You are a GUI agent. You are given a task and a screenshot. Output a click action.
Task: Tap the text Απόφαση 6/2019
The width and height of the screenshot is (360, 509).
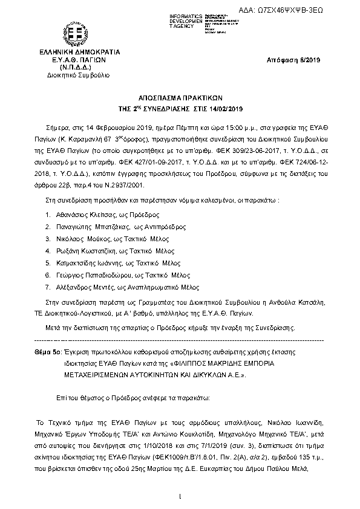point(293,60)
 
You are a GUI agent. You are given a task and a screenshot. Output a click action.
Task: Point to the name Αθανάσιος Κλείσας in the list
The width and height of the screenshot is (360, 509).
point(79,214)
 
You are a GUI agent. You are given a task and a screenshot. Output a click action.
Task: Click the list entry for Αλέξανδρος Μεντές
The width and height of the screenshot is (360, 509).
point(81,287)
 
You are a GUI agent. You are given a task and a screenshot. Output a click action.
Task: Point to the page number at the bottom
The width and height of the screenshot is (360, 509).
point(180,497)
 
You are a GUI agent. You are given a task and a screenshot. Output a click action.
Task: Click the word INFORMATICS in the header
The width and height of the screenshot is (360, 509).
point(187,15)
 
